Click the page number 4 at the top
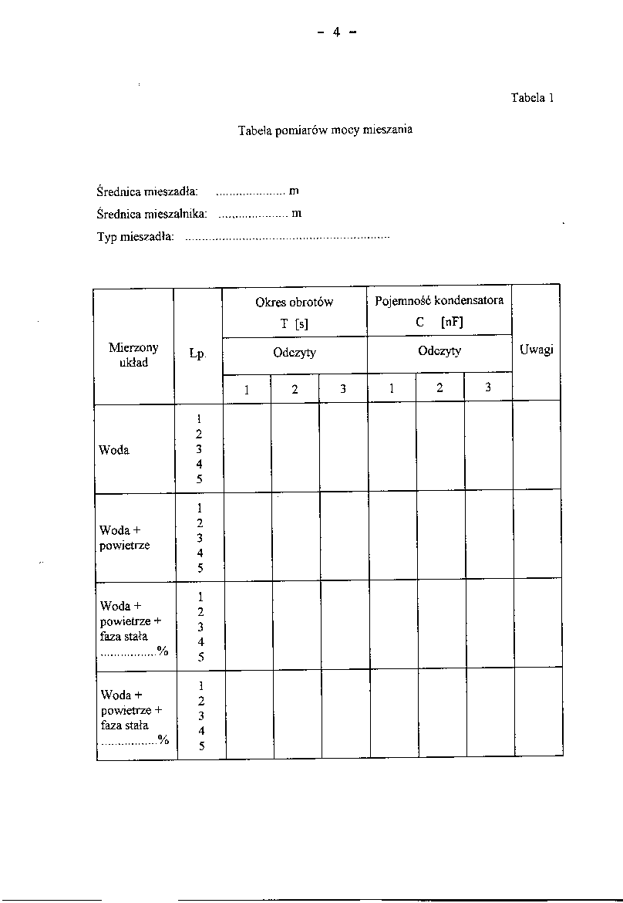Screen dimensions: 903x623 pyautogui.click(x=337, y=32)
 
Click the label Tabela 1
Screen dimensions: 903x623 pyautogui.click(x=532, y=98)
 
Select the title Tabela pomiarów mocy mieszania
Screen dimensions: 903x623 pyautogui.click(x=325, y=130)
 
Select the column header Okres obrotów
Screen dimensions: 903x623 pyautogui.click(x=294, y=303)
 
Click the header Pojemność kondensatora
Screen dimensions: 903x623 pyautogui.click(x=439, y=300)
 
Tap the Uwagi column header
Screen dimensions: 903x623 pyautogui.click(x=537, y=350)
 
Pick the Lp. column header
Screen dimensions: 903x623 pyautogui.click(x=198, y=354)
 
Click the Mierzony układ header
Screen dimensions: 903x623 pyautogui.click(x=133, y=355)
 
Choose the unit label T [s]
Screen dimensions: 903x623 pyautogui.click(x=295, y=324)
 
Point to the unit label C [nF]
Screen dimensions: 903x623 pyautogui.click(x=439, y=323)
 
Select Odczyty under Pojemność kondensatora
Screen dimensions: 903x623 pyautogui.click(x=439, y=351)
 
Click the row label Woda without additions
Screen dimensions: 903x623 pyautogui.click(x=114, y=450)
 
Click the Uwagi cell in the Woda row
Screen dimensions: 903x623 pyautogui.click(x=537, y=445)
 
